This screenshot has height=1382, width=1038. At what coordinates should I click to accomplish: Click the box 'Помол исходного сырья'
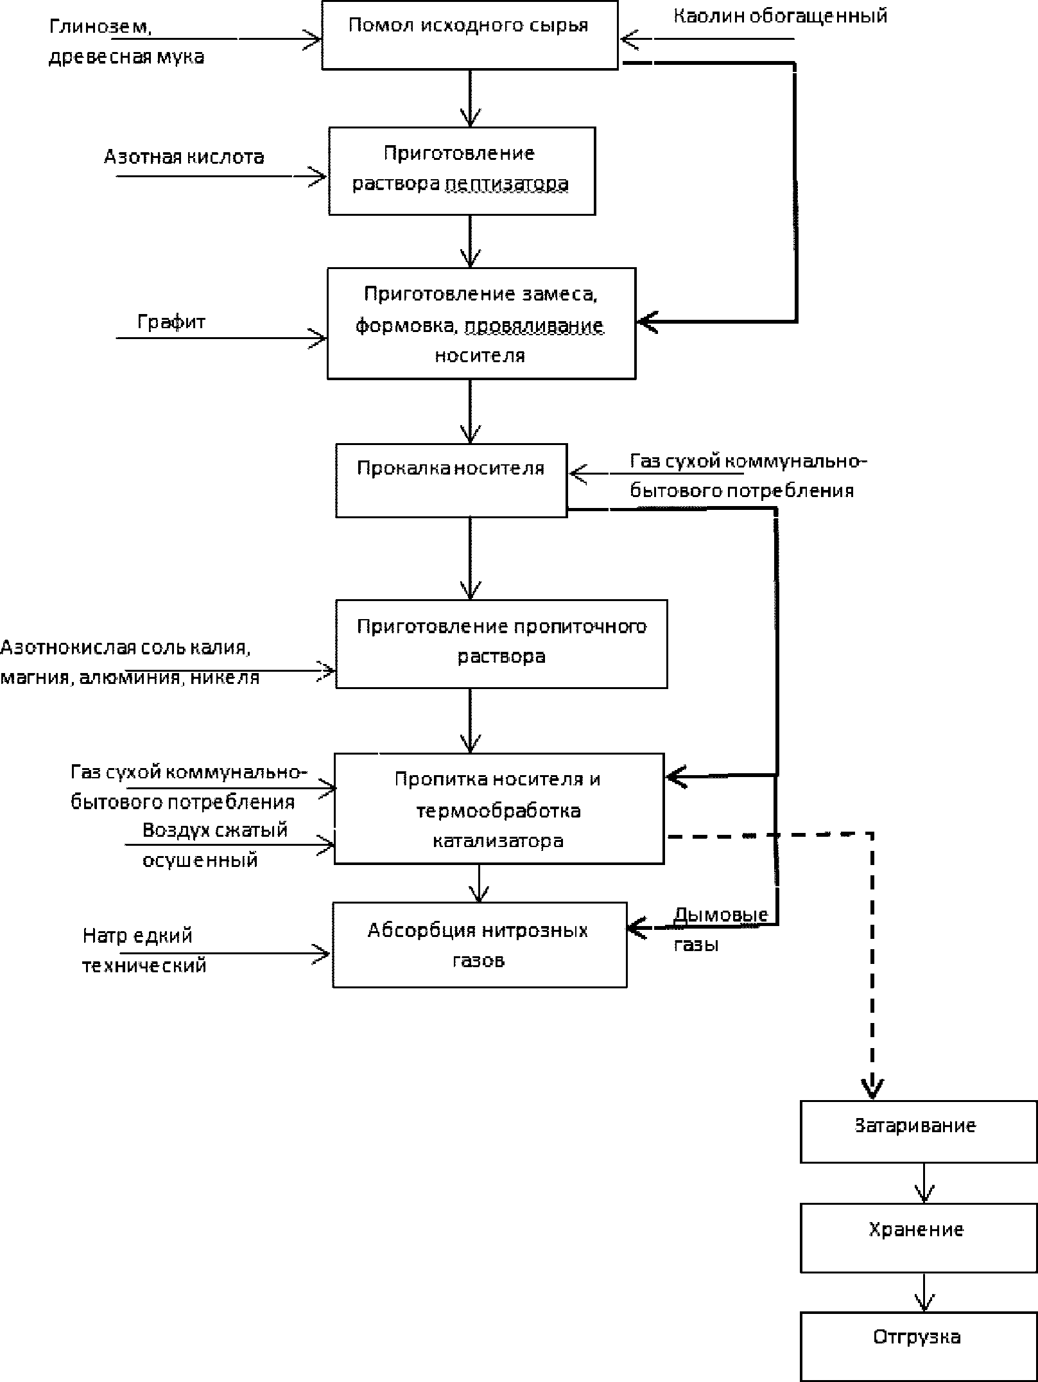point(470,35)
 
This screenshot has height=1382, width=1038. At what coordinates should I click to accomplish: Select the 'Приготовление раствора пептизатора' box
point(462,171)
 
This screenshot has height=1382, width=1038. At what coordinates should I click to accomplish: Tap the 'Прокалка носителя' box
point(451,480)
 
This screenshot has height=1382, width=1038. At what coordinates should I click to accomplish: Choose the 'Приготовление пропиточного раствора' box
point(501,644)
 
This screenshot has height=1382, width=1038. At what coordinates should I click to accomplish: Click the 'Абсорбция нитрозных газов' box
point(480,945)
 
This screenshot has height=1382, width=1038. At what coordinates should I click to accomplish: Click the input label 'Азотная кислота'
point(184,157)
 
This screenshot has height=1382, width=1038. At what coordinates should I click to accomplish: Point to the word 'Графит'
point(171,321)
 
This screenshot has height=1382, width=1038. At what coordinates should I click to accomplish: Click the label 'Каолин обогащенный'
point(780,16)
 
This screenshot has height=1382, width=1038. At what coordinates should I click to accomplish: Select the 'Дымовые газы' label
point(720,929)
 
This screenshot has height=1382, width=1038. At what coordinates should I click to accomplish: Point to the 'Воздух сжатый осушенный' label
point(215,844)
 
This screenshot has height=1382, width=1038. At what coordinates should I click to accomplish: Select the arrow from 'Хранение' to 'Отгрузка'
point(924,1292)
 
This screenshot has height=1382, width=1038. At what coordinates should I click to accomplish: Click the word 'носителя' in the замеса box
point(480,356)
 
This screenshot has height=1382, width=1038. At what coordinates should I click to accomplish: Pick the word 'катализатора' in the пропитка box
point(497,841)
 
